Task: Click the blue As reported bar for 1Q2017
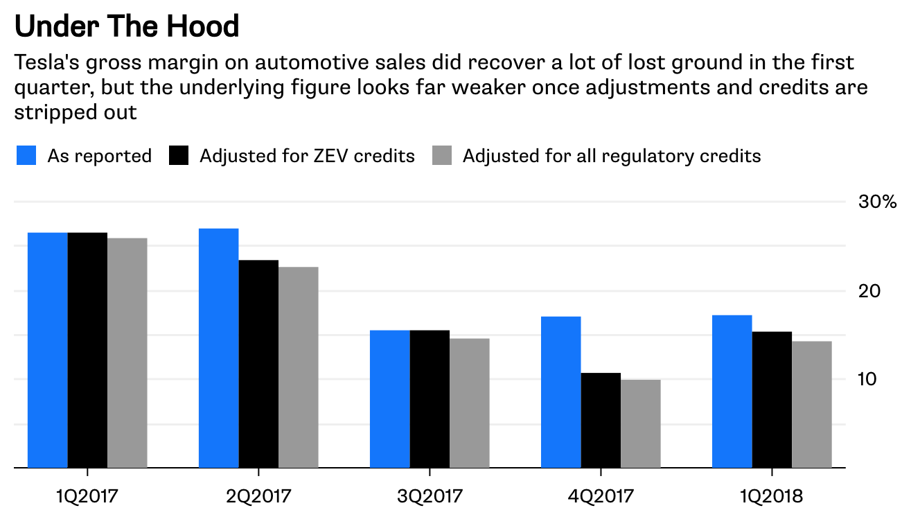[x=48, y=350]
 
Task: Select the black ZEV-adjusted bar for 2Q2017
[x=258, y=364]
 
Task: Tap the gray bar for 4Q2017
[x=641, y=423]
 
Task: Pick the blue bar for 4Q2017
[x=561, y=392]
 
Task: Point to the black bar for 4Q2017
[x=601, y=420]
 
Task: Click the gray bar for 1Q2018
[x=812, y=405]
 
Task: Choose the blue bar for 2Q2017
[x=219, y=348]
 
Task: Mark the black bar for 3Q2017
[x=430, y=399]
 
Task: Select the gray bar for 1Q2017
[x=127, y=353]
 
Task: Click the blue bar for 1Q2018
[x=732, y=392]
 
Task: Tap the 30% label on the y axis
[x=878, y=202]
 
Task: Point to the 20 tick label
[x=869, y=291]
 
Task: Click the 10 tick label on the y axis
[x=867, y=379]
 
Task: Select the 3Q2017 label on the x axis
[x=430, y=496]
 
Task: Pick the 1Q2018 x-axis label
[x=772, y=496]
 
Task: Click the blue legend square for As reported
[x=26, y=155]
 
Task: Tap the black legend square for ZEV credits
[x=179, y=155]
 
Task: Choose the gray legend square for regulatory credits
[x=442, y=155]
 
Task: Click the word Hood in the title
[x=202, y=26]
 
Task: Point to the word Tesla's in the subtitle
[x=47, y=62]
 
